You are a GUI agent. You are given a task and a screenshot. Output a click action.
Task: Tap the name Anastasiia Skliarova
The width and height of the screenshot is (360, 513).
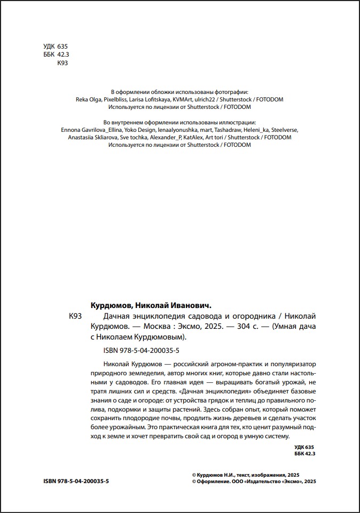(92, 137)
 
